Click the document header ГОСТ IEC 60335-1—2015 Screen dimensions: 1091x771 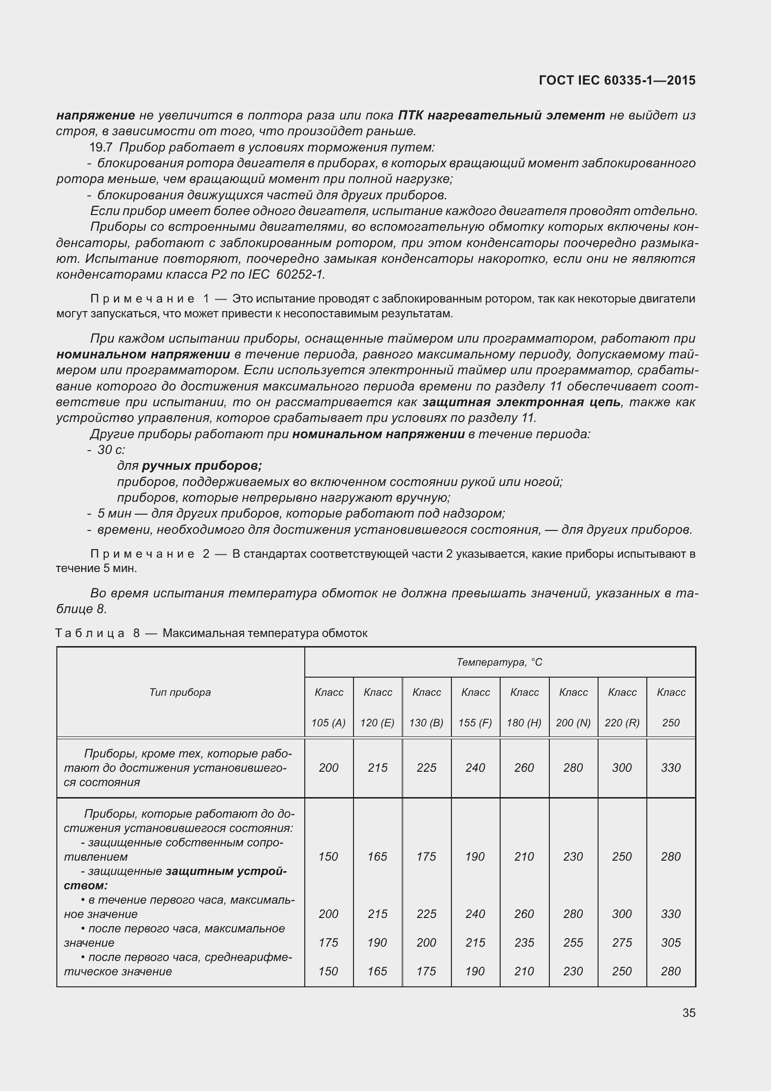(x=617, y=81)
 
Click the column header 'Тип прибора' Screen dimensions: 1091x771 (x=180, y=692)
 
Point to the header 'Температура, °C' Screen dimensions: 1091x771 (x=499, y=662)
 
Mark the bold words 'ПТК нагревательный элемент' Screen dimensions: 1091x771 (x=501, y=115)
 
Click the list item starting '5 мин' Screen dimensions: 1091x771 (x=301, y=514)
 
